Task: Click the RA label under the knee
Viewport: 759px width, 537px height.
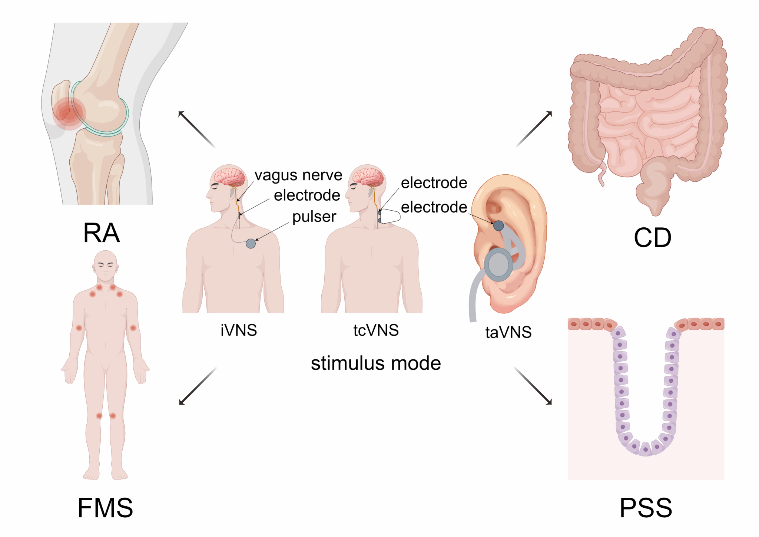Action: (102, 233)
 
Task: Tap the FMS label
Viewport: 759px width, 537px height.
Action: (105, 508)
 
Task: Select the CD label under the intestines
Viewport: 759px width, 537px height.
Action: (652, 238)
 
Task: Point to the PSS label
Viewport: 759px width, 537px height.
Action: (646, 508)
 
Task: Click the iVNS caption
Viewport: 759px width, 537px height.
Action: (239, 330)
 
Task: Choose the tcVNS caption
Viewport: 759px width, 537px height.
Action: (376, 330)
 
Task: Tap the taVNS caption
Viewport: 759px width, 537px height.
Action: (508, 332)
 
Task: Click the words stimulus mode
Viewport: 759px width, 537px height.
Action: (376, 363)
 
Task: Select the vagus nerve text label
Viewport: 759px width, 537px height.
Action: (298, 175)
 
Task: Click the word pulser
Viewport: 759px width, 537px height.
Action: (314, 217)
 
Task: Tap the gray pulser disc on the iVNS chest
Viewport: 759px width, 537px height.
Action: (251, 243)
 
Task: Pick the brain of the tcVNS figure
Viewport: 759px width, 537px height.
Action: (368, 177)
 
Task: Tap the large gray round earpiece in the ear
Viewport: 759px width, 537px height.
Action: (498, 264)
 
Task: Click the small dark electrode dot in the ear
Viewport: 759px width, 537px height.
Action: (498, 225)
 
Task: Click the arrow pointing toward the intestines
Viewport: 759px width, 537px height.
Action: (534, 129)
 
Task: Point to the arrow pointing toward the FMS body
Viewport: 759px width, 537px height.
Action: (198, 386)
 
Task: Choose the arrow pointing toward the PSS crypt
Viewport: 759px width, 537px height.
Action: (533, 386)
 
